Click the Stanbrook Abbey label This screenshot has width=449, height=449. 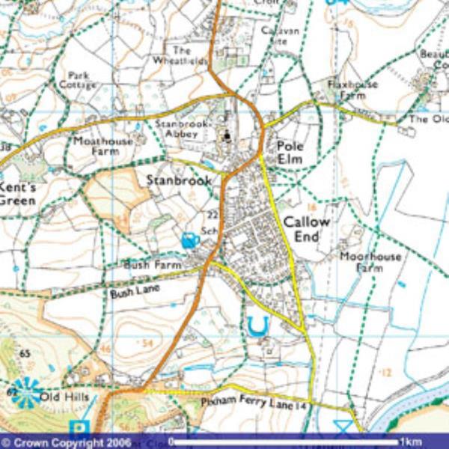point(177,128)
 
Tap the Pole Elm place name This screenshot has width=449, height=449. point(290,153)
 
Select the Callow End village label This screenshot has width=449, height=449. point(306,229)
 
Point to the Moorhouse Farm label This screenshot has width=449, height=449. point(370,262)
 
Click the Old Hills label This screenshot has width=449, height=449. point(65,396)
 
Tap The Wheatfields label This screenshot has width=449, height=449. point(180,55)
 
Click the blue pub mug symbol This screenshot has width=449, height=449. point(189,240)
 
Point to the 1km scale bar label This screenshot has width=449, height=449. point(411,442)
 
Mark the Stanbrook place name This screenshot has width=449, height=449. point(179,180)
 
